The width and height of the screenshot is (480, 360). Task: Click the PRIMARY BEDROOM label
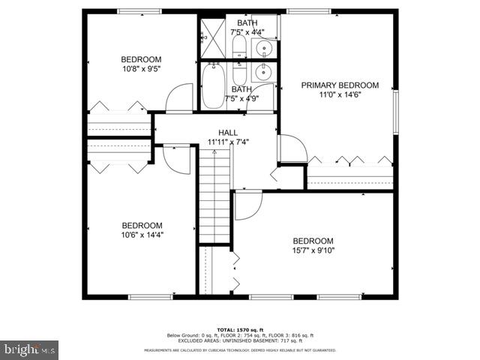[x=340, y=85]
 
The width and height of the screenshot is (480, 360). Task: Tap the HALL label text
[x=228, y=132]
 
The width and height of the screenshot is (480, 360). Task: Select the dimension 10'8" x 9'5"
[x=141, y=69]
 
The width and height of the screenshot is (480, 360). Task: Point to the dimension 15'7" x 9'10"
[x=313, y=250]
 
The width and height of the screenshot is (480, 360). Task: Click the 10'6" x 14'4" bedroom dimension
[x=142, y=235]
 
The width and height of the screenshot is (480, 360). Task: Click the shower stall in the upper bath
[x=213, y=38]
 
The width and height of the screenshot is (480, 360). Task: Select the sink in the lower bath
[x=262, y=73]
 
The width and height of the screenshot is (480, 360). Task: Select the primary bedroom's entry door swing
[x=292, y=148]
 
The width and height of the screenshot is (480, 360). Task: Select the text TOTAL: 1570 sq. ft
[x=239, y=328]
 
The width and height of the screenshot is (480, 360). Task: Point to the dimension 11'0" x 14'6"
[x=340, y=94]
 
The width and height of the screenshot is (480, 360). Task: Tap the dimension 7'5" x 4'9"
[x=241, y=98]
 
